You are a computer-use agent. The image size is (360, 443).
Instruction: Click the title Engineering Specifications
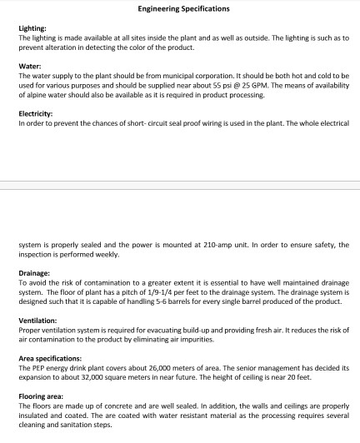(180, 10)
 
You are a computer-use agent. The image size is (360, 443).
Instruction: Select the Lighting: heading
(32, 28)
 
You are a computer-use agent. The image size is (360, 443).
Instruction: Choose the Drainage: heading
(35, 272)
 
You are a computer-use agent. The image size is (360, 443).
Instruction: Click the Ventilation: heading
(37, 321)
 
